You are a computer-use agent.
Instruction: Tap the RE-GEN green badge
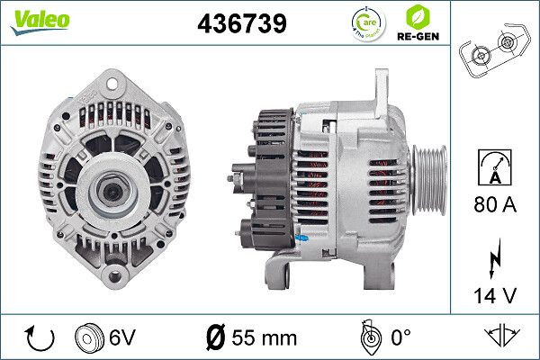click(417, 23)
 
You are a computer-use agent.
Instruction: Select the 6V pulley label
click(123, 339)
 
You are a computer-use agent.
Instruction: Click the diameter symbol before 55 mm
click(215, 339)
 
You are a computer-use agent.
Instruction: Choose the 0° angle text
click(397, 339)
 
